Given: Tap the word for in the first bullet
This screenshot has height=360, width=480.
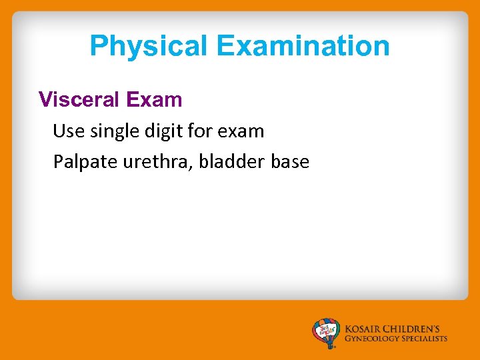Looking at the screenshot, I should (199, 131).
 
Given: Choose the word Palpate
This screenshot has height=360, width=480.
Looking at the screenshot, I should (86, 162).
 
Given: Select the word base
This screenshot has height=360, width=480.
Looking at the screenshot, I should (291, 162).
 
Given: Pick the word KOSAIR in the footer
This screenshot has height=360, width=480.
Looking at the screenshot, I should (364, 329).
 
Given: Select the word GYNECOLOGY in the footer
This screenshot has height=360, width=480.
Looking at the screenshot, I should (372, 339).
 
